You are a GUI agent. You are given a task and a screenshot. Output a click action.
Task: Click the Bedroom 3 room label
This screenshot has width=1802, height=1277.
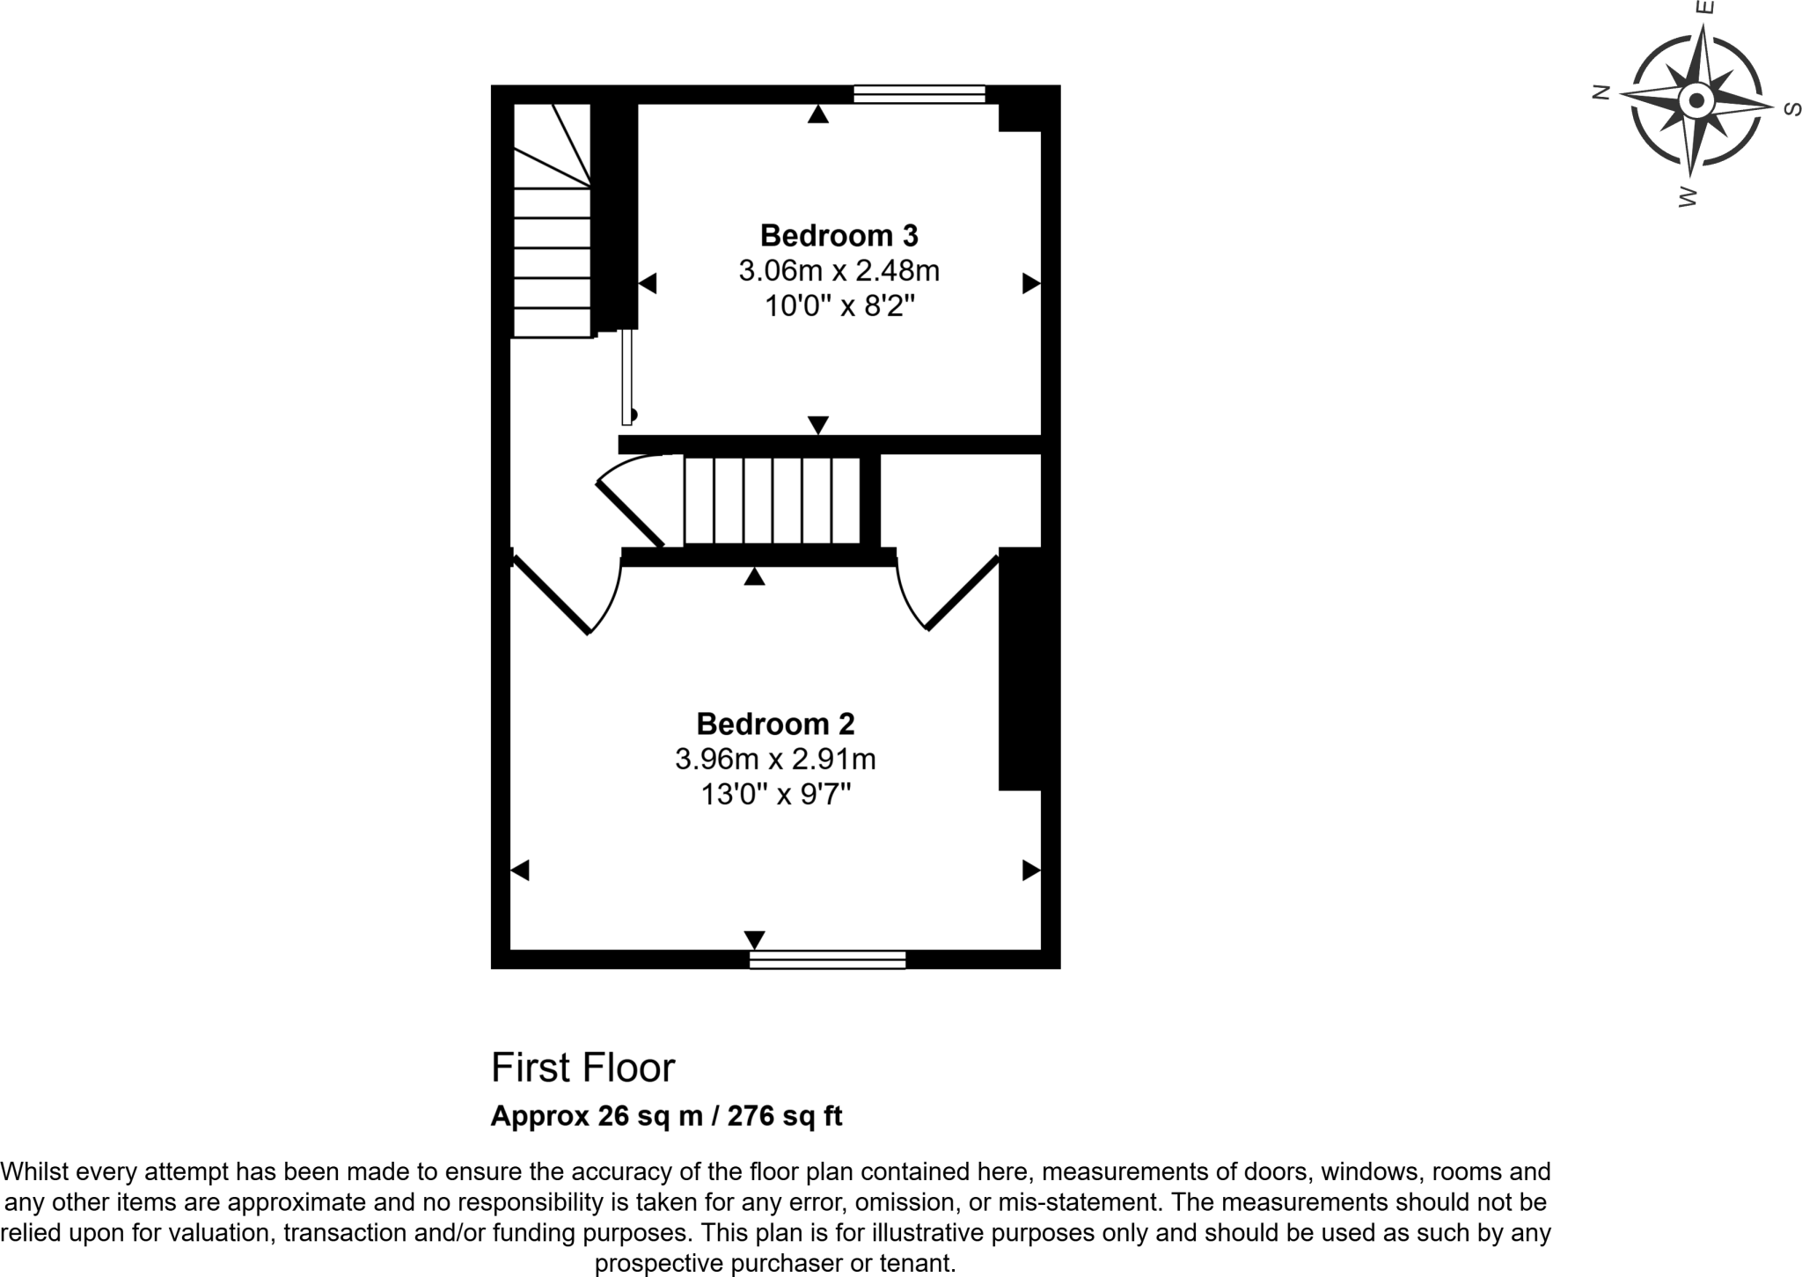(x=839, y=236)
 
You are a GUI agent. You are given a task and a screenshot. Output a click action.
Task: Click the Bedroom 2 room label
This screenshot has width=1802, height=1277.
(x=775, y=723)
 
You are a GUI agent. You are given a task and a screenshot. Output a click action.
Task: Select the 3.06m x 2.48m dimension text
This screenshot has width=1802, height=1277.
(x=839, y=271)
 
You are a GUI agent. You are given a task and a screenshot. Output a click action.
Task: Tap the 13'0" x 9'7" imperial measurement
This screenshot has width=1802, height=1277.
(x=775, y=795)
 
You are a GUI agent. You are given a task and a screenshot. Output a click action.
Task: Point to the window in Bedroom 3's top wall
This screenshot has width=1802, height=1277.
(x=919, y=94)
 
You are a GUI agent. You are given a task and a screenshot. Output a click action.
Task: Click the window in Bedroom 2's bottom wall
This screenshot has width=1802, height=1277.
(x=827, y=959)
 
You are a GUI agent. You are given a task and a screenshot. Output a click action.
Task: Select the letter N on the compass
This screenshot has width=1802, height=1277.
(x=1601, y=92)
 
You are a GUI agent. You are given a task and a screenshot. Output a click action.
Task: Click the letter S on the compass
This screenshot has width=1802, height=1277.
(x=1791, y=109)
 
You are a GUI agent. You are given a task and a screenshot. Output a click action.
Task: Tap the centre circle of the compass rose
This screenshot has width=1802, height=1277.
(x=1696, y=100)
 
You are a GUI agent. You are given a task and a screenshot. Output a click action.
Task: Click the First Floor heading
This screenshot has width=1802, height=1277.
(x=582, y=1068)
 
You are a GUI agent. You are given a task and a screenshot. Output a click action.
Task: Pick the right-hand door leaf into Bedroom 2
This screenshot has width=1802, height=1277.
(x=963, y=592)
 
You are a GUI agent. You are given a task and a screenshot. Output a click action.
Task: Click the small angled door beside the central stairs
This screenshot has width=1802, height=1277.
(x=630, y=514)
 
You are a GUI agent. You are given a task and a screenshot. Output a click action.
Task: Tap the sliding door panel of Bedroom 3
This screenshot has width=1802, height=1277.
(x=626, y=377)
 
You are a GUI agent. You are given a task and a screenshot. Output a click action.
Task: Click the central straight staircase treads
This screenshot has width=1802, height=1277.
(x=772, y=501)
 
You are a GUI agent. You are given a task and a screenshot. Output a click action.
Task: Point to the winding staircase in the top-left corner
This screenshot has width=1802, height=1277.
(x=552, y=220)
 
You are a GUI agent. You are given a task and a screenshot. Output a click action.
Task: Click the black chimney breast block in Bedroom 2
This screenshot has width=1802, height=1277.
(x=1020, y=669)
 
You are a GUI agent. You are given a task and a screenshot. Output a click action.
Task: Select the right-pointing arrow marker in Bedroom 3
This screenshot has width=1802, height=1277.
(x=1030, y=283)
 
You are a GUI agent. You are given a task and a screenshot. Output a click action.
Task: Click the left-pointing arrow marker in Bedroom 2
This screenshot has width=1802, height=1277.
(x=520, y=870)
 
